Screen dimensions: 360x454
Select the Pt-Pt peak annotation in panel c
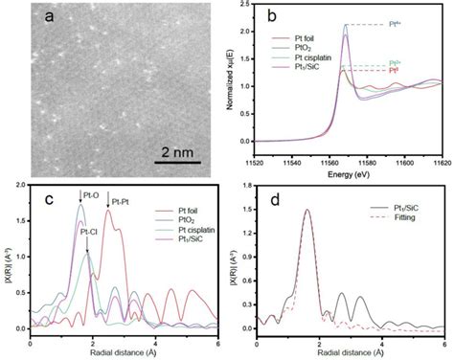coord(122,202)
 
